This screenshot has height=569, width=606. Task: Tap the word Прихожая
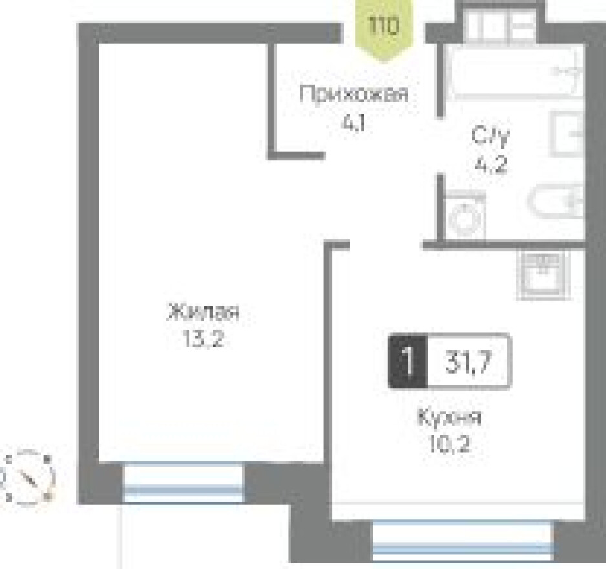click(355, 96)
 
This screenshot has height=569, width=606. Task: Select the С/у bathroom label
click(490, 137)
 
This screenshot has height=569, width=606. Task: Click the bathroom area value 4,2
click(490, 164)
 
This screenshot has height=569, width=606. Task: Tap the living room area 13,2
click(204, 340)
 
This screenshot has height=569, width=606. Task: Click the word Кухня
click(450, 418)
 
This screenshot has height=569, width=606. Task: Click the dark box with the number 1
click(407, 361)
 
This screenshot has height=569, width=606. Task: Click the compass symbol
click(29, 477)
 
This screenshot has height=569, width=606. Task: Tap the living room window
click(183, 483)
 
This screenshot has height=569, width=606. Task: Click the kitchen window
click(463, 542)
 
